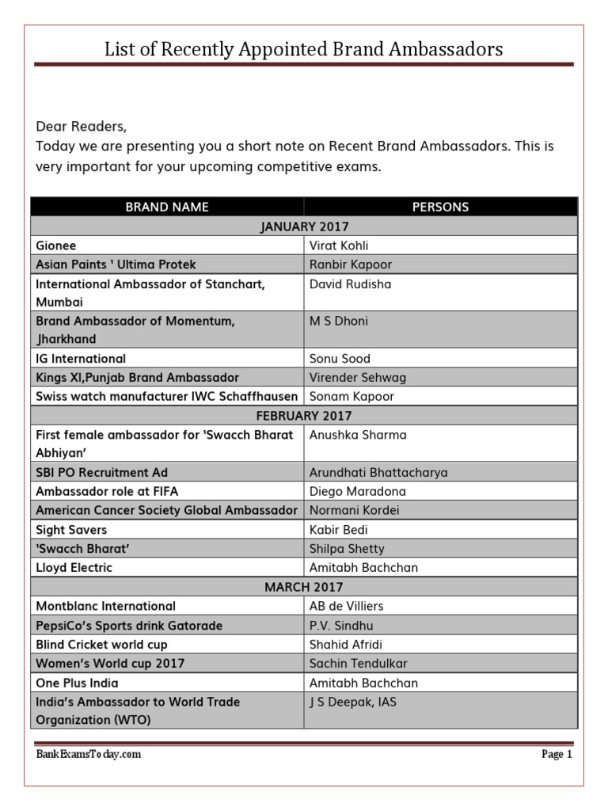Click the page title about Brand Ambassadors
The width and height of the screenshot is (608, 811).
pos(304,50)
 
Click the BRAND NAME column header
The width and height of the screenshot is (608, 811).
pos(167,208)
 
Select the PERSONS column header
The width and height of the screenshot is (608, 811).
pos(440,208)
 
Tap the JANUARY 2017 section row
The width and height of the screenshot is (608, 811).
pos(304,227)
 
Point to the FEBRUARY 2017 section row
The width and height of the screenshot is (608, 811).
pos(304,416)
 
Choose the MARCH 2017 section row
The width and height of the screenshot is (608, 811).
pos(304,587)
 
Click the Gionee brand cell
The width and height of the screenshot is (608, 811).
pos(56,246)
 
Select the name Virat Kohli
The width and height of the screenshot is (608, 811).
pos(339,246)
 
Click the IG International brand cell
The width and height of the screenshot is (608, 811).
pos(81,359)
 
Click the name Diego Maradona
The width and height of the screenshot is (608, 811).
pos(357,492)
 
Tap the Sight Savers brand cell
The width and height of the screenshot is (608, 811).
pos(71,530)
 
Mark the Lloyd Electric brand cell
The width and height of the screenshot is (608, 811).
pos(74,568)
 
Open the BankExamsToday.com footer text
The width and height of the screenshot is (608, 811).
pos(89,755)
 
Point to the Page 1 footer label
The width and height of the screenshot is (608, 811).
pos(557,755)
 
